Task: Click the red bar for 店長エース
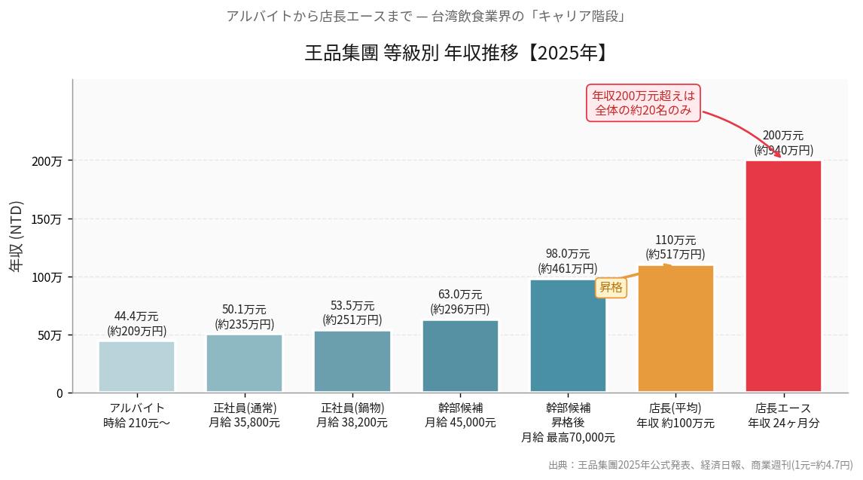tap(783, 276)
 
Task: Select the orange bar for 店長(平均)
tap(675, 329)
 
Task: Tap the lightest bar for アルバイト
tap(136, 367)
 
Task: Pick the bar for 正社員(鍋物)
tap(352, 362)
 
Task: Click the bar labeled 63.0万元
tap(460, 356)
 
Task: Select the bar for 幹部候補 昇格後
tap(568, 336)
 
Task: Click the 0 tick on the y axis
tap(59, 393)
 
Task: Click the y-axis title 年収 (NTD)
tap(16, 237)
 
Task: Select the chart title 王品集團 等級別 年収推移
tap(456, 53)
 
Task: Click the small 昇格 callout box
tap(611, 287)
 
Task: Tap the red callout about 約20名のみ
tap(643, 102)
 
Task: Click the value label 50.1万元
tap(244, 310)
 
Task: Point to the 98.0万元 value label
tap(568, 254)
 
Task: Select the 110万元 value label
tap(675, 240)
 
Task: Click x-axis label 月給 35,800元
tap(244, 423)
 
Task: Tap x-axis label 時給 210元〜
tap(136, 423)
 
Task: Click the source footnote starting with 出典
tap(700, 465)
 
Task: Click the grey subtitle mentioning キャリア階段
tap(425, 16)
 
